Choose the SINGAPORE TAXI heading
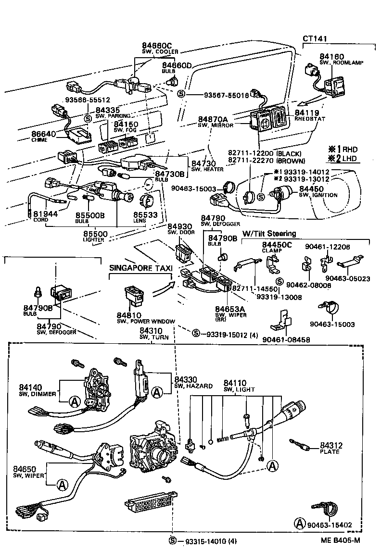pos(140,268)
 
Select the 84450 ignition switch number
pos(312,189)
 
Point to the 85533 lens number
pos(146,215)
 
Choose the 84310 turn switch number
pos(152,331)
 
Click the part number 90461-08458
pos(286,340)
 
